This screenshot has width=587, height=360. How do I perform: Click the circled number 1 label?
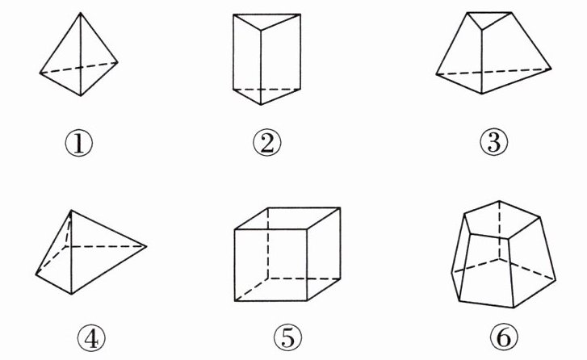(x=78, y=144)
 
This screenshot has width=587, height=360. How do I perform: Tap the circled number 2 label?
(x=267, y=144)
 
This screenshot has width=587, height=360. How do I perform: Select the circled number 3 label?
(x=494, y=142)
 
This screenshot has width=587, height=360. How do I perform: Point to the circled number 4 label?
(x=91, y=338)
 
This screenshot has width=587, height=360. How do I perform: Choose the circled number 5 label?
(x=287, y=338)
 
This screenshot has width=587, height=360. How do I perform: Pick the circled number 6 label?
(x=504, y=338)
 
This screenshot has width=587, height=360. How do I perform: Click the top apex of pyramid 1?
(x=81, y=13)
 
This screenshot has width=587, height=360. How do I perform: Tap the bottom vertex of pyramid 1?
(x=81, y=96)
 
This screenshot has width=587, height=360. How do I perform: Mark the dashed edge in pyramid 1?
(x=78, y=68)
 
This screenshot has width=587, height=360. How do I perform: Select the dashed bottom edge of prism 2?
(x=266, y=90)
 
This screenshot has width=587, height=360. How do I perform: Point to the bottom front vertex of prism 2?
(x=261, y=105)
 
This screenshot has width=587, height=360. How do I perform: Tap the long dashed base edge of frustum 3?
(x=494, y=72)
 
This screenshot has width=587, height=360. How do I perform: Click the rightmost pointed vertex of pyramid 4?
(x=146, y=246)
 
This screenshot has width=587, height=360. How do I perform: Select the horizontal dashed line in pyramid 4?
(x=106, y=246)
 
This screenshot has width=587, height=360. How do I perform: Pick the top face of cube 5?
(x=287, y=218)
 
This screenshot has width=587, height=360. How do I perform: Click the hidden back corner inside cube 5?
(x=268, y=278)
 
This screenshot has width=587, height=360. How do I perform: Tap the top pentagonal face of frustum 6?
(x=501, y=220)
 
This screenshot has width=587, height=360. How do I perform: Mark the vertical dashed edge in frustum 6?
(x=499, y=229)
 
